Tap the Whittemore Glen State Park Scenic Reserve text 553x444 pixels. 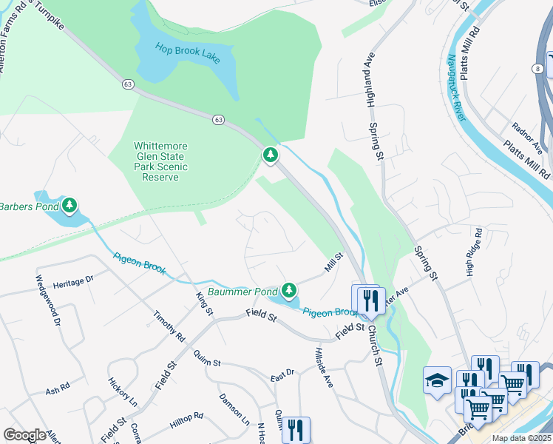click(x=160, y=161)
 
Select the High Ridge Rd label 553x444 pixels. click(x=474, y=252)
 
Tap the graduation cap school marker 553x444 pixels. click(x=437, y=382)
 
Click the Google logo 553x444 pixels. click(x=24, y=434)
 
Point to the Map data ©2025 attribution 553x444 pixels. click(x=520, y=438)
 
